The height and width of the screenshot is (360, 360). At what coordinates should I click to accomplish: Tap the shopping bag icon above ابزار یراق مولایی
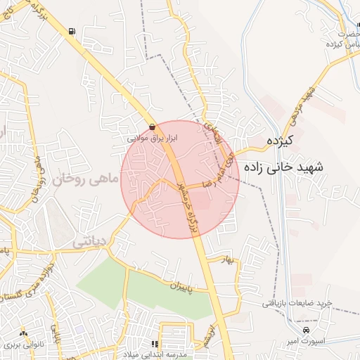(x=153, y=127)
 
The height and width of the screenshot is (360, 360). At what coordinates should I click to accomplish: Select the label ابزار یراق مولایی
(x=153, y=139)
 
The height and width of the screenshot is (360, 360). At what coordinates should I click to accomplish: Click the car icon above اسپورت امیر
(x=305, y=330)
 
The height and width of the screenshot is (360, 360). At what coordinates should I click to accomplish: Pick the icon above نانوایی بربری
(x=24, y=333)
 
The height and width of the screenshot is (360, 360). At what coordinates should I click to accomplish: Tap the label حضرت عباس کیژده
(x=344, y=39)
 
